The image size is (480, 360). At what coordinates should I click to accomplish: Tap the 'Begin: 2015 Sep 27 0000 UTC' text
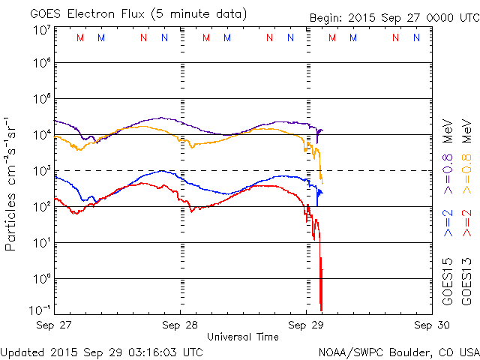(x=394, y=17)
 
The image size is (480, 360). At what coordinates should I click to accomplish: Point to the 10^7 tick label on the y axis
(x=41, y=30)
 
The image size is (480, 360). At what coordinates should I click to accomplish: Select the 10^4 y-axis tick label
(x=41, y=136)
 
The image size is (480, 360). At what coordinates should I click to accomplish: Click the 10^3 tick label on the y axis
(x=41, y=172)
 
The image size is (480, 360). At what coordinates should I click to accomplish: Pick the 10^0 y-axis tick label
(x=41, y=279)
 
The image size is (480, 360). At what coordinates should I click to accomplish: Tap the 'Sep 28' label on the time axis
(x=181, y=325)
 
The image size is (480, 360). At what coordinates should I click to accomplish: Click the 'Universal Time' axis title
(x=242, y=337)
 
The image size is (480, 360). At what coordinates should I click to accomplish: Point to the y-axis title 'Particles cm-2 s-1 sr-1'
(x=12, y=183)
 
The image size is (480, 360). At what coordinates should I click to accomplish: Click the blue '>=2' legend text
(x=448, y=222)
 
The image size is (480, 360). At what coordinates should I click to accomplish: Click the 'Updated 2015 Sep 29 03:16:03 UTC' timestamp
(x=101, y=351)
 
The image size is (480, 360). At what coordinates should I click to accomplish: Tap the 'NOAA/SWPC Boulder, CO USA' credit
(x=398, y=351)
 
